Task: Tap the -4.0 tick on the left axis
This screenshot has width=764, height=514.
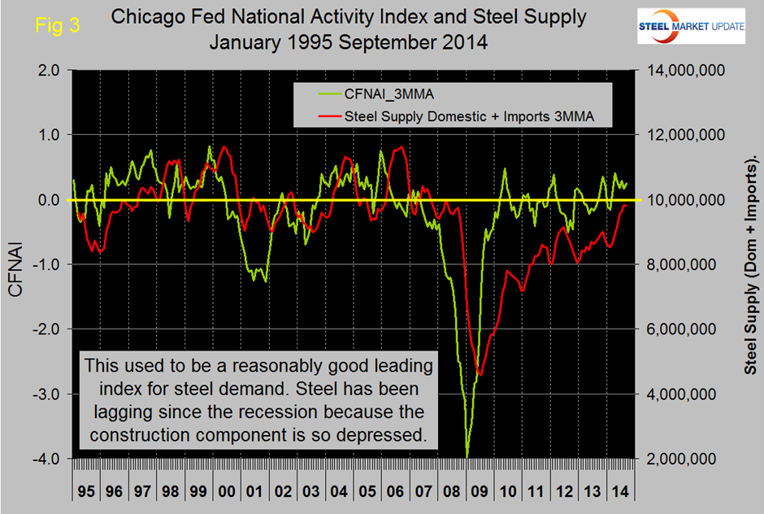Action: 45,459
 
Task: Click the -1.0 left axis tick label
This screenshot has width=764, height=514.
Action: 45,264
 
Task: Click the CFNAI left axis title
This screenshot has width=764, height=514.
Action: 19,264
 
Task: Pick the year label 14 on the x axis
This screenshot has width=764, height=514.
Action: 619,493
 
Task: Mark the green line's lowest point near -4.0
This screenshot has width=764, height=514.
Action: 467,456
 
